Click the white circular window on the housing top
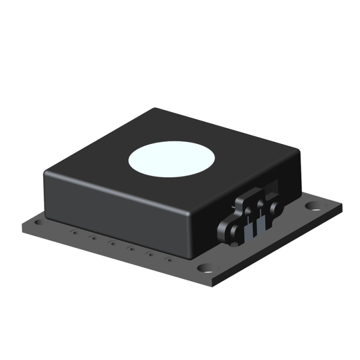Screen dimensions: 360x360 pyautogui.click(x=172, y=157)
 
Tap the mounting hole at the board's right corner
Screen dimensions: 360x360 pyautogui.click(x=313, y=206)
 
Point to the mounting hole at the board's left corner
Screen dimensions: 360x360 pyautogui.click(x=38, y=223)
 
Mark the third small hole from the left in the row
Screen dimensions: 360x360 pyautogui.click(x=112, y=243)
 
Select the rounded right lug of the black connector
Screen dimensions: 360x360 pyautogui.click(x=276, y=208)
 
